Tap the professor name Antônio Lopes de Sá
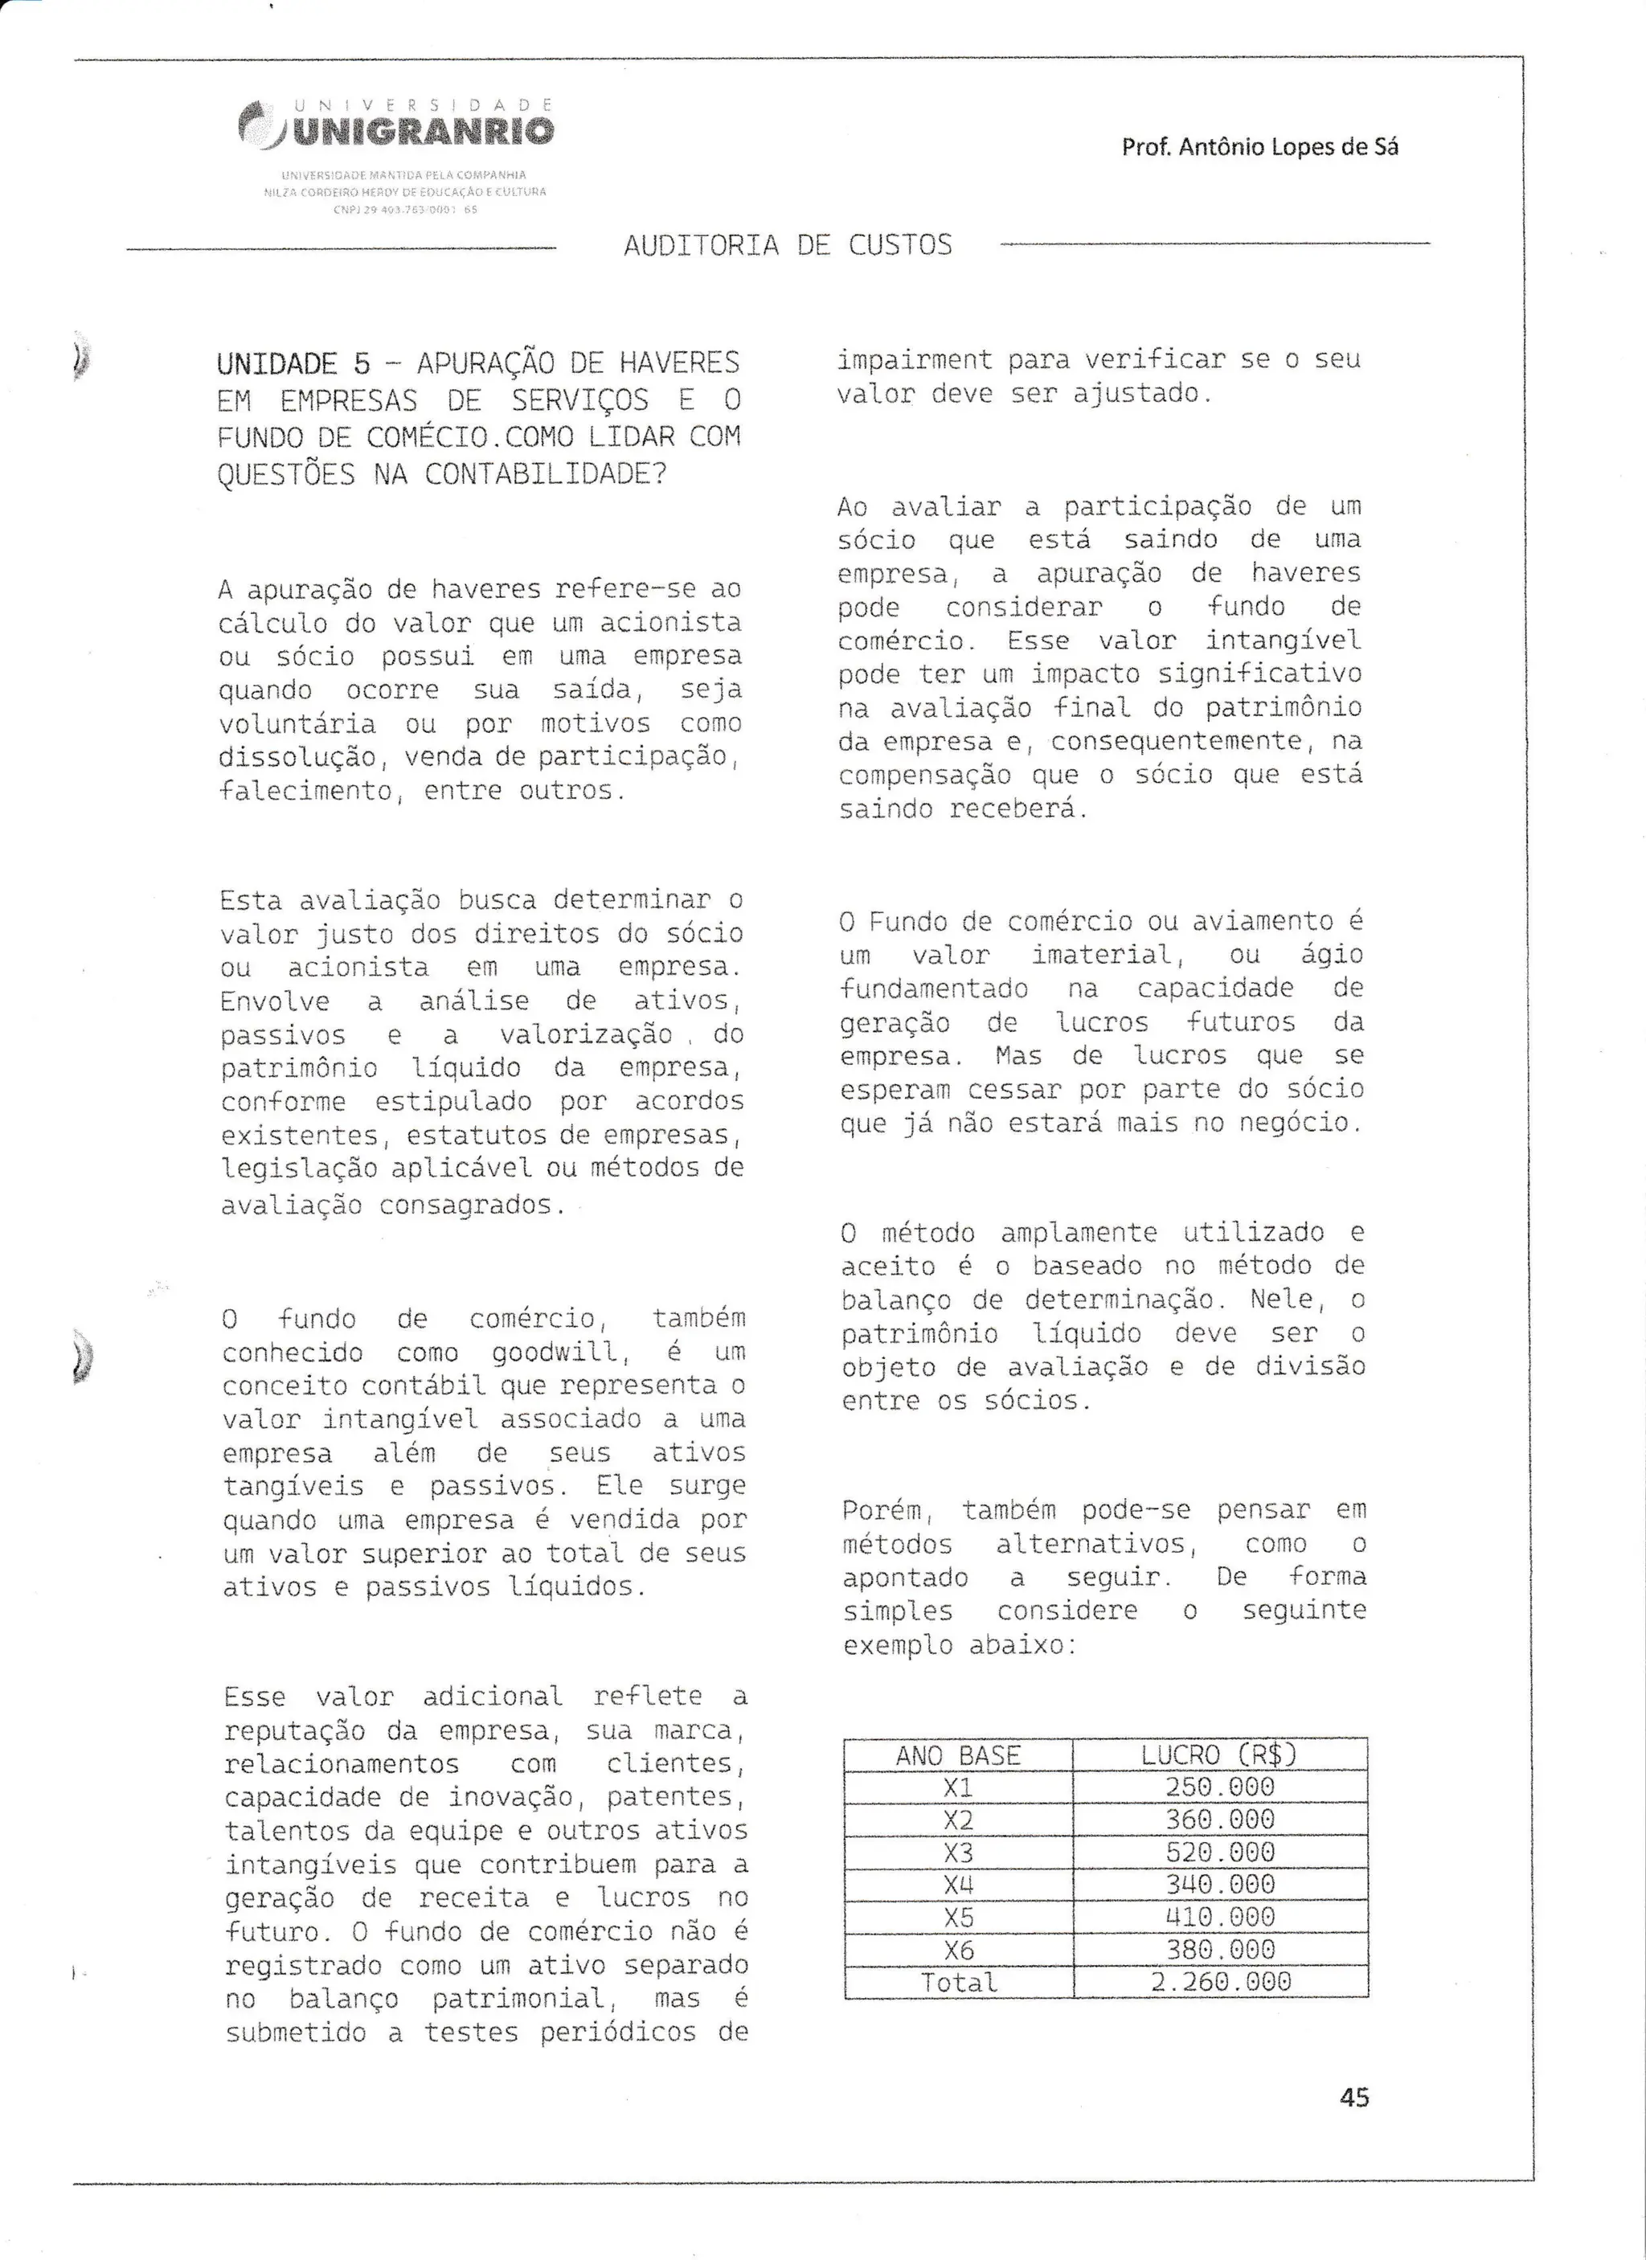(x=1259, y=147)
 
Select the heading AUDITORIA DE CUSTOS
(x=787, y=245)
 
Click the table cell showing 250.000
(x=1219, y=1787)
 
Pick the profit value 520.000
(x=1219, y=1852)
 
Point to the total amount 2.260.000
(x=1219, y=1982)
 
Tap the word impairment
(x=915, y=360)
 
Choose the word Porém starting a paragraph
(x=885, y=1511)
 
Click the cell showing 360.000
(x=1219, y=1820)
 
